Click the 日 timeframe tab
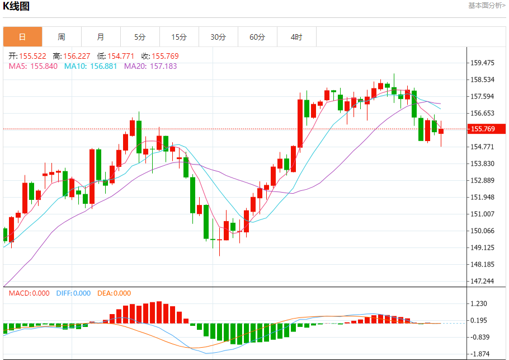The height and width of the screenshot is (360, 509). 22,37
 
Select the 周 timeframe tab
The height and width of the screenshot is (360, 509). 62,37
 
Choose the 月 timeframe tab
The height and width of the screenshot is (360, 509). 101,37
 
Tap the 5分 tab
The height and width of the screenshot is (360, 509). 140,37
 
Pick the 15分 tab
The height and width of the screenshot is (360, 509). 179,37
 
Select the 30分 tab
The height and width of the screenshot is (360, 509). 218,37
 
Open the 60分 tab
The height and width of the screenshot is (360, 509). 257,37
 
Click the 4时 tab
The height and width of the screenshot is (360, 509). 296,37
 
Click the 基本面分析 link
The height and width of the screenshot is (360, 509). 486,6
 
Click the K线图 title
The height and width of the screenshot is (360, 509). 17,7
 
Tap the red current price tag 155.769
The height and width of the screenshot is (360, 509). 487,129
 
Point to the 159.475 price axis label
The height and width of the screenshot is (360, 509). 482,63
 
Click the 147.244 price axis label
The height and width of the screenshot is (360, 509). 482,281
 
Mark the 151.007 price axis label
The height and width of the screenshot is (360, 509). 482,214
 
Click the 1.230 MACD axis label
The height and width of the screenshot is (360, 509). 480,303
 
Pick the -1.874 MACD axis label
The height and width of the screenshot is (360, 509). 480,354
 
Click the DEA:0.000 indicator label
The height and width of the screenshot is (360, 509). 114,293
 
